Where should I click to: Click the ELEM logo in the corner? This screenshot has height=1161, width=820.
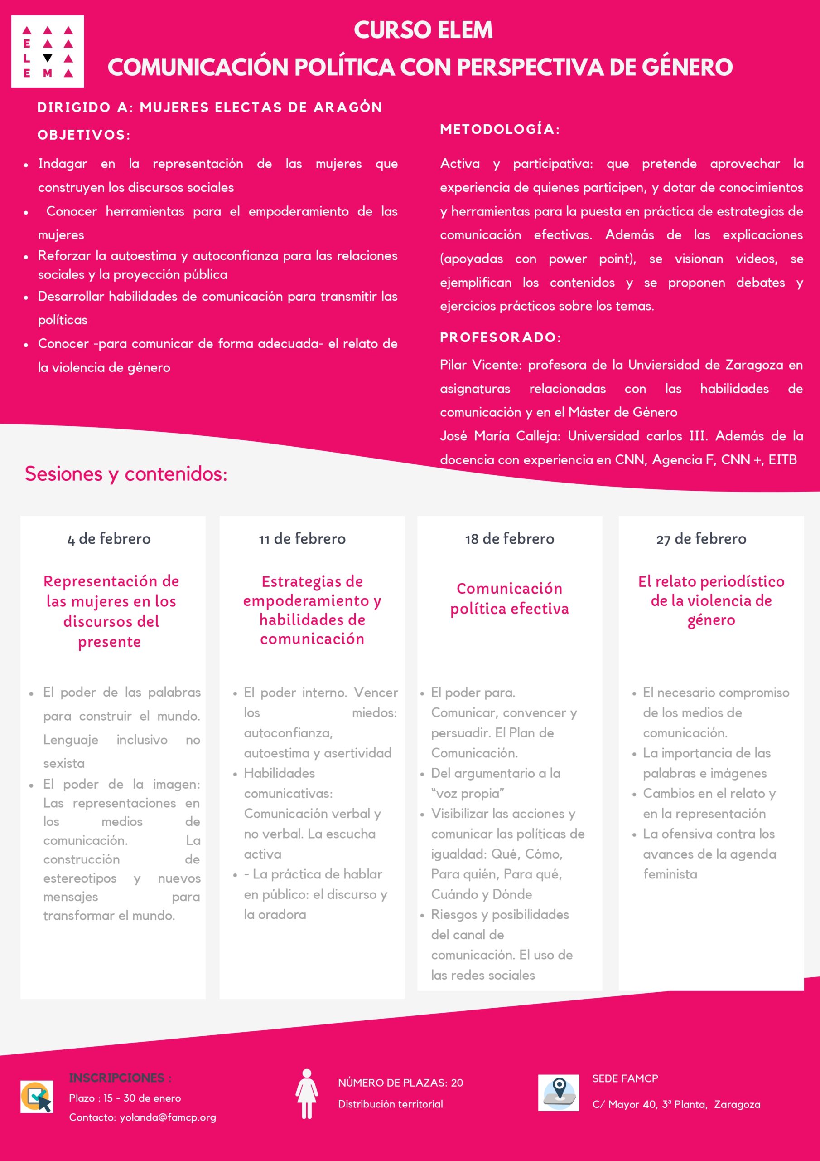(48, 52)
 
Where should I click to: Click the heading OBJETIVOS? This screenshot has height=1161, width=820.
(84, 135)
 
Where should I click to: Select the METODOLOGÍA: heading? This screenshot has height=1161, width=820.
(500, 129)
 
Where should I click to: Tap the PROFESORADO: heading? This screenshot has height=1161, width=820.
(500, 337)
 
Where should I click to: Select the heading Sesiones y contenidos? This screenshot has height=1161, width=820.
(126, 474)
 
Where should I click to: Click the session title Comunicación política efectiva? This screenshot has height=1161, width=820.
(509, 598)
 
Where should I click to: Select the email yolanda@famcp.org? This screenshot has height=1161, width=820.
(168, 1117)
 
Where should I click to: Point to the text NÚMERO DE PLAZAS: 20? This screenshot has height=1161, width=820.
(400, 1083)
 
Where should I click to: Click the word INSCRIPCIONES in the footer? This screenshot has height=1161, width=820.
(117, 1078)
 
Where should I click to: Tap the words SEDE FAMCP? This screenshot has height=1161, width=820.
(625, 1078)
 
